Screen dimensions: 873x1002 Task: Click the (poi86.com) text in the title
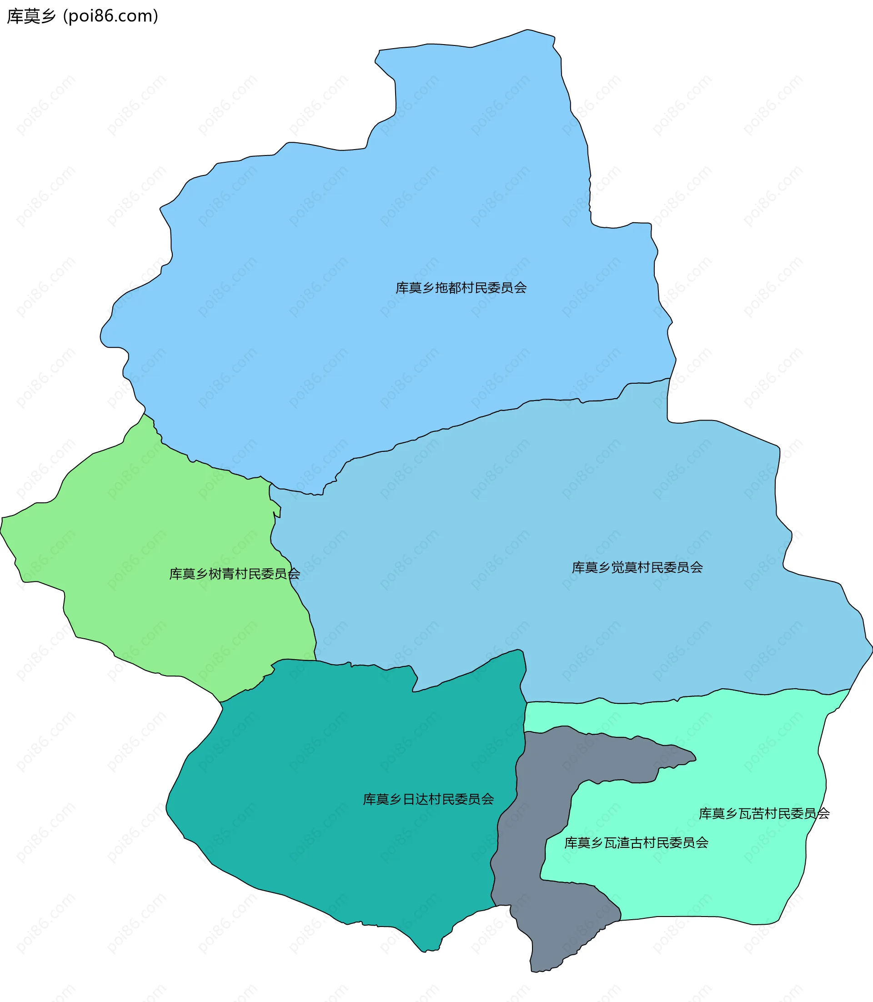pyautogui.click(x=110, y=16)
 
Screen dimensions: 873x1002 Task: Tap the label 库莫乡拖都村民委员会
pyautogui.click(x=461, y=288)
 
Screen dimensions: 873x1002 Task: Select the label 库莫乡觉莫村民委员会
pyautogui.click(x=637, y=567)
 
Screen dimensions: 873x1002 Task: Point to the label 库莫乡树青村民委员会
pyautogui.click(x=234, y=574)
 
